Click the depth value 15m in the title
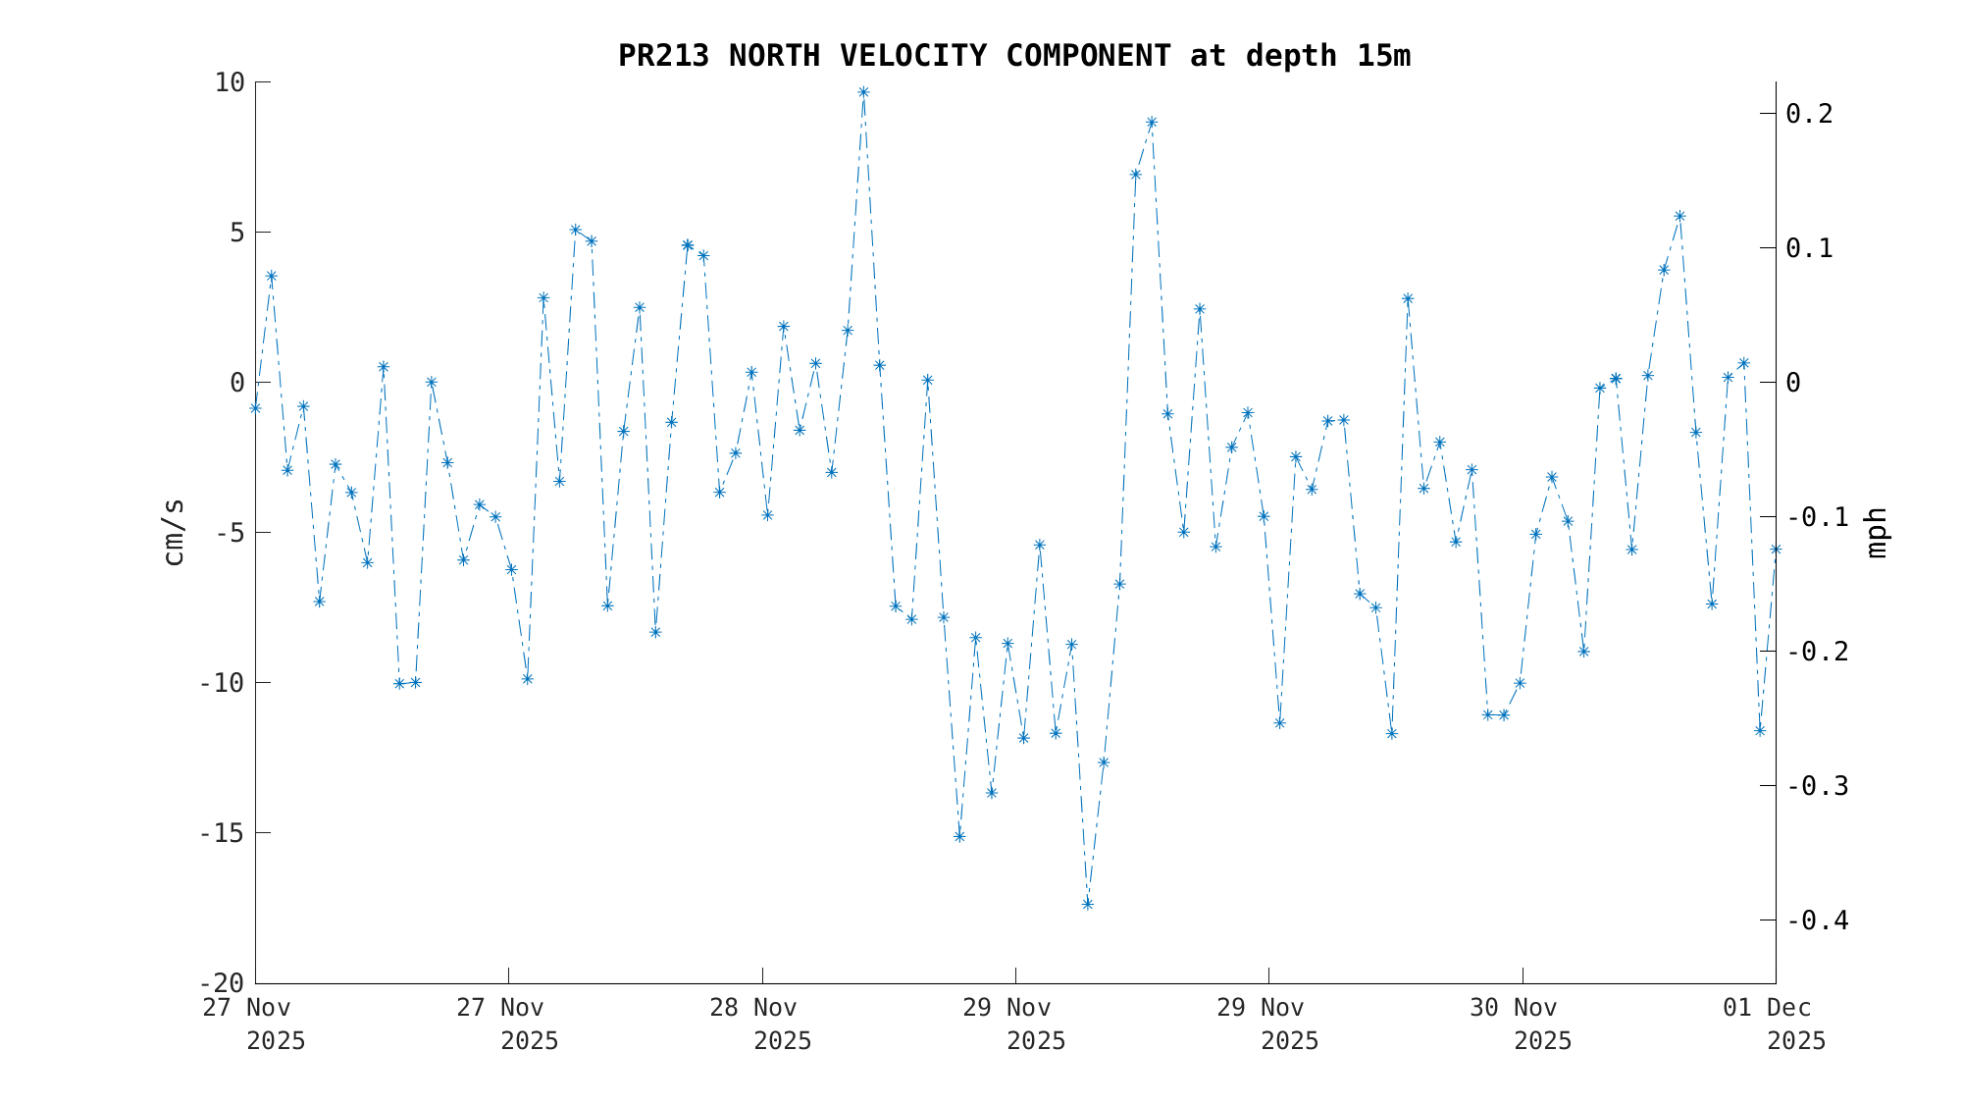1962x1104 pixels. [1383, 57]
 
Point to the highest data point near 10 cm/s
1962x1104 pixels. [863, 92]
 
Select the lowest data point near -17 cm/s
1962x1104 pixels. [1087, 904]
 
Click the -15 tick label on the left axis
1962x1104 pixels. [221, 833]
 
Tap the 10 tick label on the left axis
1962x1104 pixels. [229, 82]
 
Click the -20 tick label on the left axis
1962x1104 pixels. [221, 983]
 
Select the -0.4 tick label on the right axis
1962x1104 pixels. [1817, 920]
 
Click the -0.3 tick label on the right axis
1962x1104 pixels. [1817, 786]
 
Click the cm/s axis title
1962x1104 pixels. [174, 532]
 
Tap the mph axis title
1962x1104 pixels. [1876, 532]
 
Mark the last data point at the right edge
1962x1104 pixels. [1776, 550]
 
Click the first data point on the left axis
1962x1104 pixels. [255, 407]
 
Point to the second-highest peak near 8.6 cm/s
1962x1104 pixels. [1152, 123]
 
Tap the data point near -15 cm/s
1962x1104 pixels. [959, 836]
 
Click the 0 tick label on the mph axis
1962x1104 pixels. [1793, 383]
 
